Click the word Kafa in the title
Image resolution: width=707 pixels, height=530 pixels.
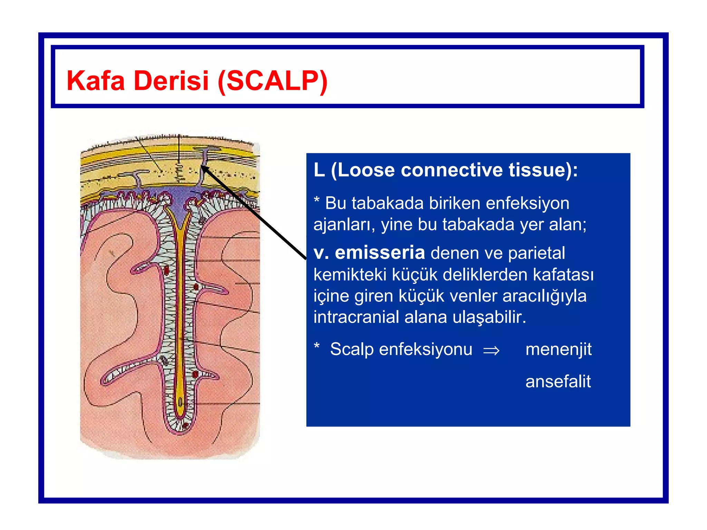(x=95, y=81)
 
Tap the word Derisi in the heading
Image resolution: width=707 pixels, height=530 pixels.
(x=171, y=81)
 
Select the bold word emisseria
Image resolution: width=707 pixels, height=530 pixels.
(x=380, y=253)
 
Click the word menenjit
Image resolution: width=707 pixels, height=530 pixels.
(x=558, y=349)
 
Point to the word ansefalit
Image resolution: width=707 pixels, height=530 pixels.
(x=558, y=382)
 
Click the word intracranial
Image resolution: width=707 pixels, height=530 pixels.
(x=356, y=317)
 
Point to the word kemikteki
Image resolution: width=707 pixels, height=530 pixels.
(x=350, y=275)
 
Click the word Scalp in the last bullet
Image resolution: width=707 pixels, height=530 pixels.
(x=352, y=349)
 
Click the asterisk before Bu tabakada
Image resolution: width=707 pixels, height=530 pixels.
(x=317, y=200)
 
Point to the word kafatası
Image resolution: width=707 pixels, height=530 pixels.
(x=563, y=275)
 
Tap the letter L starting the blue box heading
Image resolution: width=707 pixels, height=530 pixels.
(x=319, y=170)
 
